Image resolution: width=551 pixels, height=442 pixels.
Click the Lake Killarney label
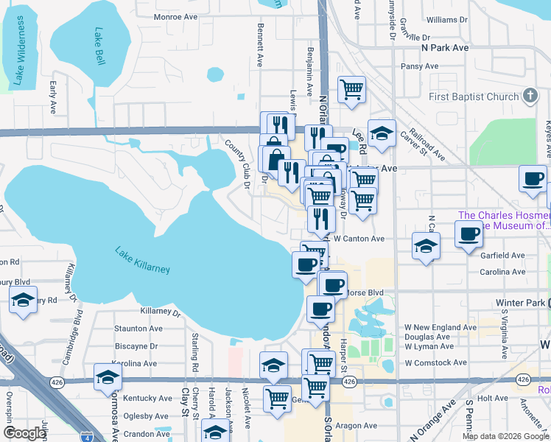(x=142, y=260)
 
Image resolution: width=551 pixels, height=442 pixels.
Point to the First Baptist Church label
(x=474, y=97)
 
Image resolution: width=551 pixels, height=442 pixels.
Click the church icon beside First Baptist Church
(x=530, y=96)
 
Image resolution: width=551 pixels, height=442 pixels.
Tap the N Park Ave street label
(x=445, y=47)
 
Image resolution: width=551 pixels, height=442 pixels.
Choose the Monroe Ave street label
(x=175, y=15)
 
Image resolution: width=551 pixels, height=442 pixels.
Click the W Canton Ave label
(x=359, y=239)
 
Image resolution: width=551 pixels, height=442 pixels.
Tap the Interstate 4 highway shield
(x=88, y=435)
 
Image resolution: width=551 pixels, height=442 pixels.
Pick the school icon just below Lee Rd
(x=382, y=133)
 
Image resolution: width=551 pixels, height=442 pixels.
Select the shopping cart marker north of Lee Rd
(x=351, y=88)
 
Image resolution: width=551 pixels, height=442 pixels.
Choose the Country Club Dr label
(x=237, y=158)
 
